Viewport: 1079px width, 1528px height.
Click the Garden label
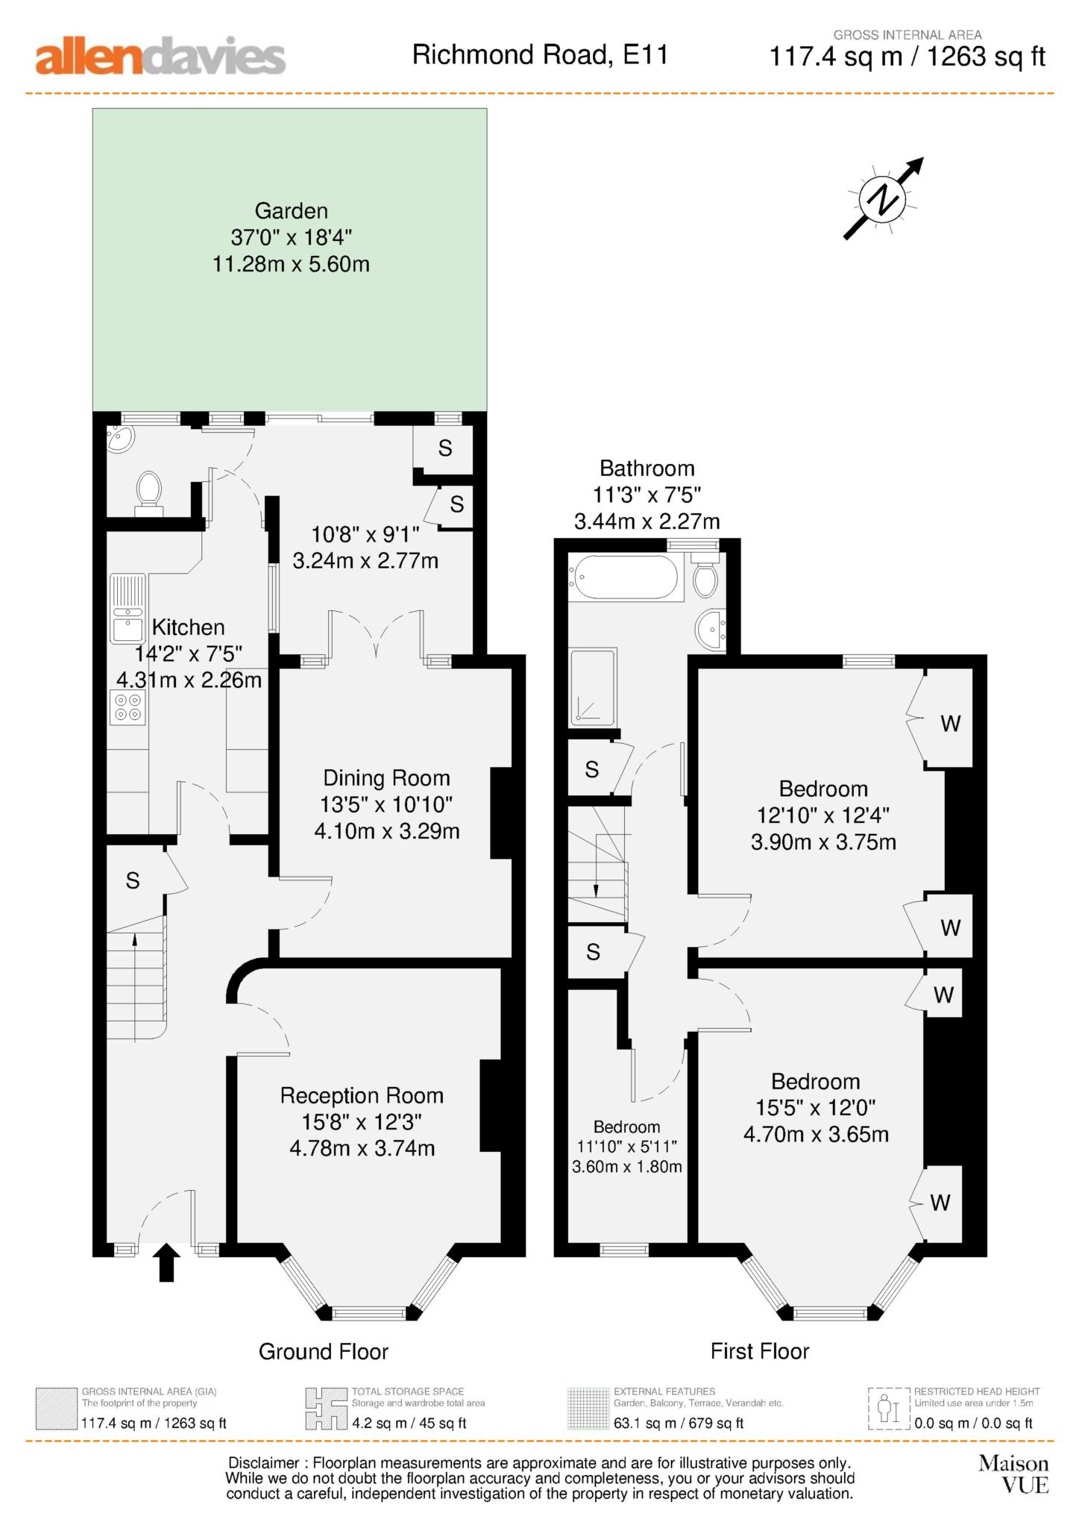tap(292, 210)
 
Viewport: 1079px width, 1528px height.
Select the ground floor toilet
tap(149, 493)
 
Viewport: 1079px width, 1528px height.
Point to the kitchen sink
tap(128, 608)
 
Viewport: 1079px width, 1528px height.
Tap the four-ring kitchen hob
tap(127, 707)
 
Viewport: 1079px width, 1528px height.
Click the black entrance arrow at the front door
tap(166, 1262)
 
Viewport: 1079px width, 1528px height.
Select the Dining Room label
tap(386, 778)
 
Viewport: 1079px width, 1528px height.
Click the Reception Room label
tap(362, 1095)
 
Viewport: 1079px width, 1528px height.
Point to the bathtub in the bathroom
tap(625, 577)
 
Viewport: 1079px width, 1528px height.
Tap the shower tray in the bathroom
tap(593, 687)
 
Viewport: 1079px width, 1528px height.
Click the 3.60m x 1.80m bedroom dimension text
tap(627, 1166)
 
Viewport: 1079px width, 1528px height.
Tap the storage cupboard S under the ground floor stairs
tap(133, 881)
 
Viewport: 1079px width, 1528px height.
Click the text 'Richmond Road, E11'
tap(540, 54)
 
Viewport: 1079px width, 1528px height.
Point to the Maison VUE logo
tap(1013, 1474)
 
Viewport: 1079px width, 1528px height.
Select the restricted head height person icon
tap(885, 1409)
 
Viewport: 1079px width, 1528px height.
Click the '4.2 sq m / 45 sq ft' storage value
tap(409, 1424)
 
